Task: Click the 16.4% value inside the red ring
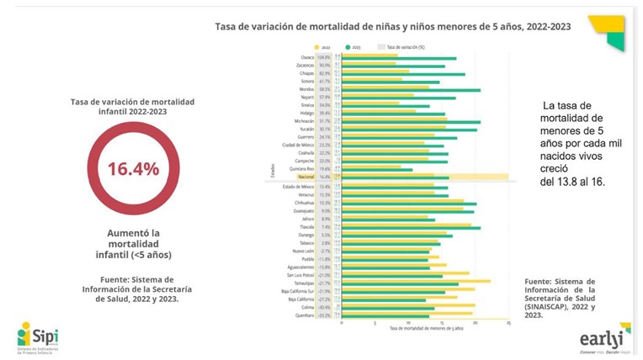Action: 133,168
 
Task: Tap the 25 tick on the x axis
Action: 508,322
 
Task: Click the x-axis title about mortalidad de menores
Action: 424,328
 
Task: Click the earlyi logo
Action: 601,338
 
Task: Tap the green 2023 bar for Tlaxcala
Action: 412,228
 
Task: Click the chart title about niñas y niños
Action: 392,27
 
